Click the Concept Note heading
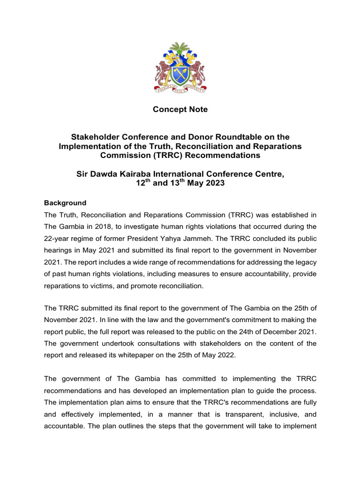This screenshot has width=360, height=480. pos(180,110)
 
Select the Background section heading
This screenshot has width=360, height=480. pos(65,203)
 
